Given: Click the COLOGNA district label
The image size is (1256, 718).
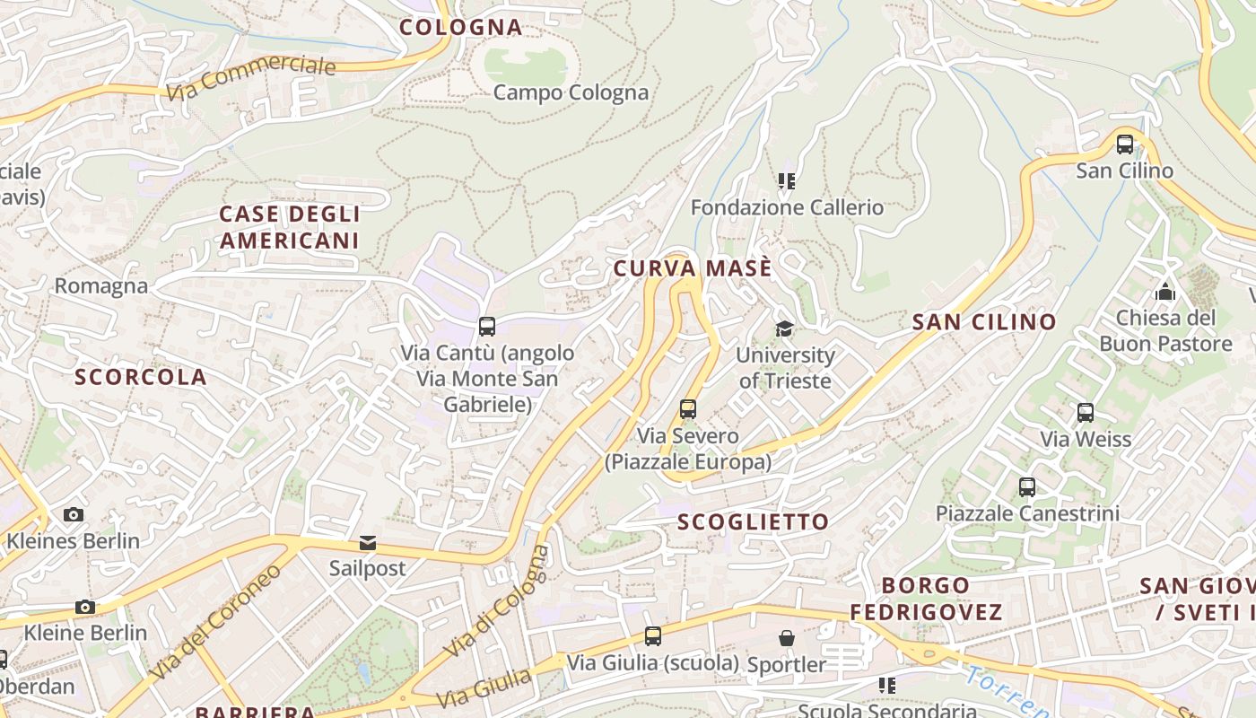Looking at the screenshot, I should click(x=460, y=27).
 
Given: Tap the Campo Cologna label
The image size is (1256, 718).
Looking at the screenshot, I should click(x=571, y=92).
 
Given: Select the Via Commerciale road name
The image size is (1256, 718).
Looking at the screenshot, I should click(x=251, y=79).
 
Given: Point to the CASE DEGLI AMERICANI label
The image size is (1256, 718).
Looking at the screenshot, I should click(x=290, y=227).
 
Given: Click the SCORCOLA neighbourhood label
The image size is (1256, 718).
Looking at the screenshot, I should click(x=141, y=377).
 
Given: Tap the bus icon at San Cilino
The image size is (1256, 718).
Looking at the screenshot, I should click(x=1124, y=144).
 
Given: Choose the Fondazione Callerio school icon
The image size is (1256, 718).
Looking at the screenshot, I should click(x=787, y=181).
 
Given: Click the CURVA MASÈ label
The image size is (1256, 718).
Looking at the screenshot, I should click(x=692, y=268).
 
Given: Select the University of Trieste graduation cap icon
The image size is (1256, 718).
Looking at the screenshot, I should click(x=785, y=328).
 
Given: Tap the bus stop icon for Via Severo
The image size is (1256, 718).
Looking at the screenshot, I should click(x=688, y=409).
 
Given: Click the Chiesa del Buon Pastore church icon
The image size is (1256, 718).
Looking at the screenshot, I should click(x=1165, y=292).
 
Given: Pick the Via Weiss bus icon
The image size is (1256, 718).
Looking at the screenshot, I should click(x=1086, y=413).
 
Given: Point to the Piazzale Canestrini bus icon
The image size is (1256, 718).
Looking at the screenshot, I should click(x=1027, y=487).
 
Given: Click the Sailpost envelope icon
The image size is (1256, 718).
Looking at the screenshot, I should click(x=368, y=542).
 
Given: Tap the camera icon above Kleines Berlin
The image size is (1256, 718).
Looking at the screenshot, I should click(x=74, y=514).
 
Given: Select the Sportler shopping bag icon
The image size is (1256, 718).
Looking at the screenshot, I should click(x=787, y=638).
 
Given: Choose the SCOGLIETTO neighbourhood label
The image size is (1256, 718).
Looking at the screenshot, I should click(x=754, y=522).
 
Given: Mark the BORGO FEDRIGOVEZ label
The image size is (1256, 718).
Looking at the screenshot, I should click(x=926, y=599).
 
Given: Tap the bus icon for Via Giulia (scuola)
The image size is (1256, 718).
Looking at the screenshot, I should click(x=653, y=636).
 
